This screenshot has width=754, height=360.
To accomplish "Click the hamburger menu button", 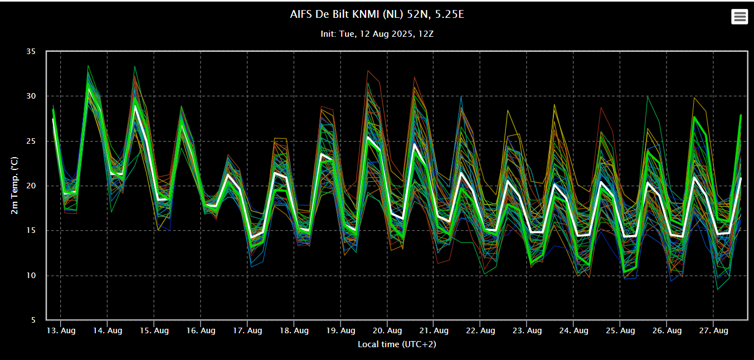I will (740, 17).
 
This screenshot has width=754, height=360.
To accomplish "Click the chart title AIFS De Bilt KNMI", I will (377, 14).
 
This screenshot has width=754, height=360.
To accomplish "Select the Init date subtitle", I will (377, 34).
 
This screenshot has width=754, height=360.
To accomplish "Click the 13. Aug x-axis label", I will (61, 330).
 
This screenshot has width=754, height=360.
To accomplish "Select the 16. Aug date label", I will (201, 330).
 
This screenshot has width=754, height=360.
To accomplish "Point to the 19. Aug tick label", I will (340, 330).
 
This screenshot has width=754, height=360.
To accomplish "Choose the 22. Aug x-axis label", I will (480, 330).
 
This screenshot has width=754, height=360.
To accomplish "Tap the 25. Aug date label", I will (620, 330).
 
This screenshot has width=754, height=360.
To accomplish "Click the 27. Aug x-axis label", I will (713, 330).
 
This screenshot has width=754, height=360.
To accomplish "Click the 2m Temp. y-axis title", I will (14, 186).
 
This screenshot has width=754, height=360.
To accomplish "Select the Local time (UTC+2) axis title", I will (396, 344).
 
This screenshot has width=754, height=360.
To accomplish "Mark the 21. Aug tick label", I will (434, 330).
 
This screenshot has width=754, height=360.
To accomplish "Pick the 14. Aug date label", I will (108, 330).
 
